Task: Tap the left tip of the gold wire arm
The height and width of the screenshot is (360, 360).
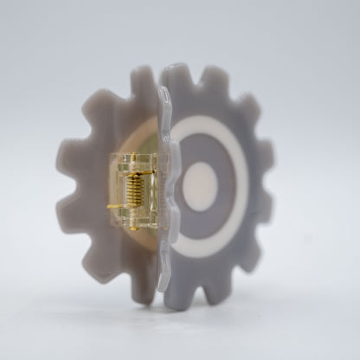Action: [106, 209]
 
